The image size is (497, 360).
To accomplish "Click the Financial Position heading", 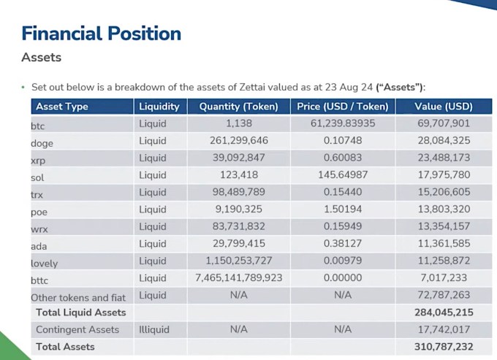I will click(101, 33).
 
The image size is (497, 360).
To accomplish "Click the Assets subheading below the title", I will click(41, 57).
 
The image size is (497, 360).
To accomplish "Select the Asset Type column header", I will click(62, 107).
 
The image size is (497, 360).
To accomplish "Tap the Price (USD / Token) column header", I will click(343, 107).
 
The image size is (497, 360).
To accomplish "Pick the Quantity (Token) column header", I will click(238, 107).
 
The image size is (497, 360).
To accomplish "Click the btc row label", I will click(38, 126).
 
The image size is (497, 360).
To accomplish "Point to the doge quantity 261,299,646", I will click(238, 141).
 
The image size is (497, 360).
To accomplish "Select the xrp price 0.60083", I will click(343, 158).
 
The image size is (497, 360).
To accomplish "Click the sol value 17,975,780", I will click(444, 175).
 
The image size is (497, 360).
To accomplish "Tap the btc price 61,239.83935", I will click(343, 124).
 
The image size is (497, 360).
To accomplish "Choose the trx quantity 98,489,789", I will click(238, 192).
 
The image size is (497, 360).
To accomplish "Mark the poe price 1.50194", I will click(343, 210).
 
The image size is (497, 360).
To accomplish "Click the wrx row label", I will click(39, 229).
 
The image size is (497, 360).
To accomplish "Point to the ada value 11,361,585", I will click(444, 244).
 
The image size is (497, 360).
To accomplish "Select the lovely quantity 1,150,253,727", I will click(238, 261).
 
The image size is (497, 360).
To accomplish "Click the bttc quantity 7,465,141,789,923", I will click(238, 278).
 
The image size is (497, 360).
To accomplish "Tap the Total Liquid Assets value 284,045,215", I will click(444, 313).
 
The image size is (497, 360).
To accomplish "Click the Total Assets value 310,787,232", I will click(444, 347).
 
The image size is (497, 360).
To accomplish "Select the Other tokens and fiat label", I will click(78, 297).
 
